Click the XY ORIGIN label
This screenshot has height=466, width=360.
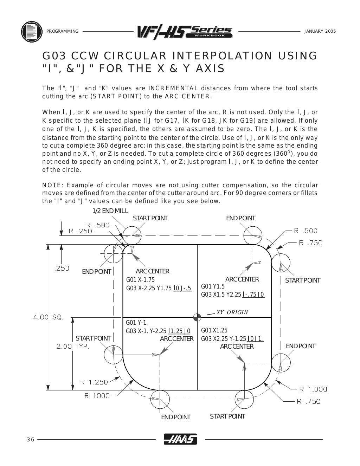232,312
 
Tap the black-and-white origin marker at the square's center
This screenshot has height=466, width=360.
197,317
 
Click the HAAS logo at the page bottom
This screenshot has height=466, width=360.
180,440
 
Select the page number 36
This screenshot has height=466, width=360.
30,440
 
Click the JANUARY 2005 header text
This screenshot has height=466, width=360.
320,31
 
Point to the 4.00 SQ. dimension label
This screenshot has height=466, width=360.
48,317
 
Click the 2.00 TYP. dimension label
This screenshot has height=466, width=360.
73,346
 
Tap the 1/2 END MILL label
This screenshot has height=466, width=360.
110,211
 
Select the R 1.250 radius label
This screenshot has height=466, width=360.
94,382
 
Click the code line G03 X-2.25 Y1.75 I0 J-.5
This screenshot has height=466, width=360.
159,288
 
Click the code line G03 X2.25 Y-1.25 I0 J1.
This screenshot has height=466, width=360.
232,339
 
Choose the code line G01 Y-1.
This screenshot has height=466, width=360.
137,323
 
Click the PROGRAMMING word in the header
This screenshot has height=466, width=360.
62,31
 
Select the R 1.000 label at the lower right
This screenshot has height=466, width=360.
313,389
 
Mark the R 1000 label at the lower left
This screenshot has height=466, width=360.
97,396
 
